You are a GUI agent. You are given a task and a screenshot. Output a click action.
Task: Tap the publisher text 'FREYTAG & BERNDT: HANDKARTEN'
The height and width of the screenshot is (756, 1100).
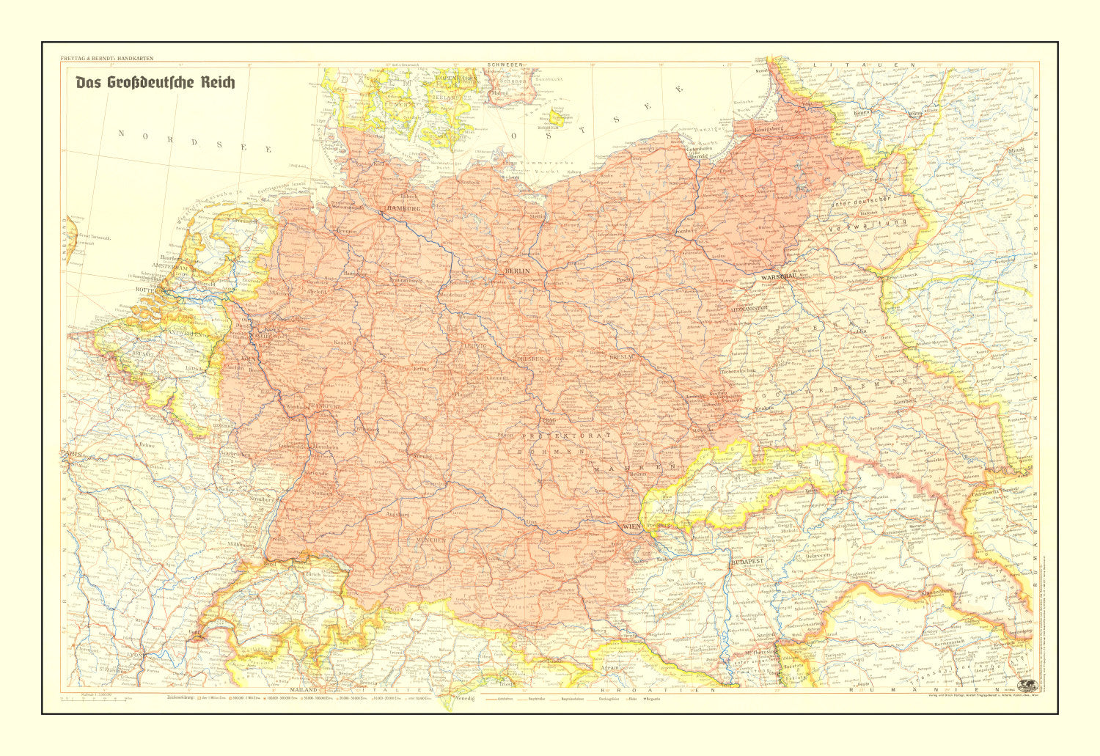tap(106, 58)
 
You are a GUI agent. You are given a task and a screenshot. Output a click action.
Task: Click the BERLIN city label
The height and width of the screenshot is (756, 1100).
tap(516, 271)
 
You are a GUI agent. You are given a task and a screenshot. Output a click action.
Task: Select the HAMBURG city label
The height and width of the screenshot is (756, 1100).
tap(401, 209)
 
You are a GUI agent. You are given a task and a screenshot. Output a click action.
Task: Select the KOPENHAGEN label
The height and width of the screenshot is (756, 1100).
tap(457, 77)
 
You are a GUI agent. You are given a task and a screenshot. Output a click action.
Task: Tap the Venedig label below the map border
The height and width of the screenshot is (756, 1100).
tap(464, 698)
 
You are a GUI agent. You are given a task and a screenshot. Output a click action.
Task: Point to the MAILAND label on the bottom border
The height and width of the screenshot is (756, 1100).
tap(302, 691)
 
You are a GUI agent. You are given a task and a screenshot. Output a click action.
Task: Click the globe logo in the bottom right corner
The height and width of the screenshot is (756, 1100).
tap(1028, 683)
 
